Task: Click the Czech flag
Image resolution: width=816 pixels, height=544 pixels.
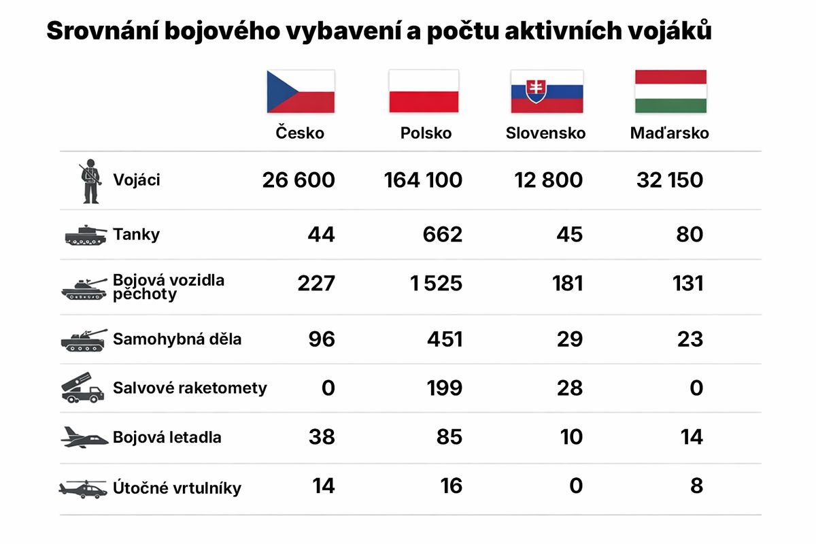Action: (x=300, y=91)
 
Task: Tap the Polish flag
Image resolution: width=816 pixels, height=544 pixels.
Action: (x=423, y=91)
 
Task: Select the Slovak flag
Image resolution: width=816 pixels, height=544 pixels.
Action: (x=547, y=91)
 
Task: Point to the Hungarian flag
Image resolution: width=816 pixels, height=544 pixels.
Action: (x=670, y=91)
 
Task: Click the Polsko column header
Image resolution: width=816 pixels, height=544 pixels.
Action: (x=426, y=133)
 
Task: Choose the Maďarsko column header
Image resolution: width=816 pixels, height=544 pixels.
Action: (x=670, y=133)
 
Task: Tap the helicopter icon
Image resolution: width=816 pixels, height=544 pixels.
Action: (x=83, y=488)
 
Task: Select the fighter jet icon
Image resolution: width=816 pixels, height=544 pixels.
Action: (x=84, y=437)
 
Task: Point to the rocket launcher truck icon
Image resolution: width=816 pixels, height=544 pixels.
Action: (x=83, y=388)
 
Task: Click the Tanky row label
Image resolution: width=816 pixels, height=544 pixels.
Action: (x=137, y=235)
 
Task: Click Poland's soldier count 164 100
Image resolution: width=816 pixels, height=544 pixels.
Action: (x=423, y=180)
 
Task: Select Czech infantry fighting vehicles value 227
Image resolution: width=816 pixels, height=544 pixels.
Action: (x=316, y=284)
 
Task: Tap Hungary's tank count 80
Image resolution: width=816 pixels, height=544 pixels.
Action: (x=690, y=235)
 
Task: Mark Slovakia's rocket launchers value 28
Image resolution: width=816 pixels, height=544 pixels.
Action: (x=568, y=388)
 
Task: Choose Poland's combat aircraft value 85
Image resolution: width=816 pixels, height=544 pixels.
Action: (x=449, y=437)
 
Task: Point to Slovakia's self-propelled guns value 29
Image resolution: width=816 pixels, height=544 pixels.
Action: (x=568, y=339)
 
